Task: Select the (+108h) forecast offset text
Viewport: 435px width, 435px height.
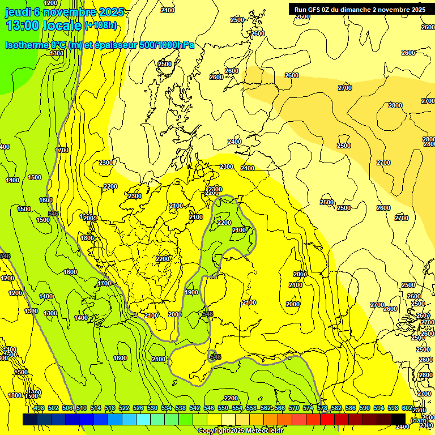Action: click(x=101, y=25)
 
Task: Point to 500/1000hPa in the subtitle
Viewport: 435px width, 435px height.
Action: click(x=166, y=45)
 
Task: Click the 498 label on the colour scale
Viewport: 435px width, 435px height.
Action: click(x=39, y=408)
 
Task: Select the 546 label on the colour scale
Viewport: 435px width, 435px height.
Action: click(x=208, y=408)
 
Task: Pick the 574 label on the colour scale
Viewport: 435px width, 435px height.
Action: click(x=308, y=408)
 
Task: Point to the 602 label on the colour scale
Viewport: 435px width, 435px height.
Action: click(x=407, y=408)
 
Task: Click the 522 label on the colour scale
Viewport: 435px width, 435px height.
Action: click(x=123, y=408)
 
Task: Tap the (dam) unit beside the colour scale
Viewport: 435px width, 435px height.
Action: click(x=419, y=420)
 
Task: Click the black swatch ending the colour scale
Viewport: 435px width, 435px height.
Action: click(x=399, y=419)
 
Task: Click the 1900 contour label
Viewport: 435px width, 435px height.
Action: click(x=191, y=292)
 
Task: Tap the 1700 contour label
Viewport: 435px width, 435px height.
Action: click(x=104, y=283)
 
